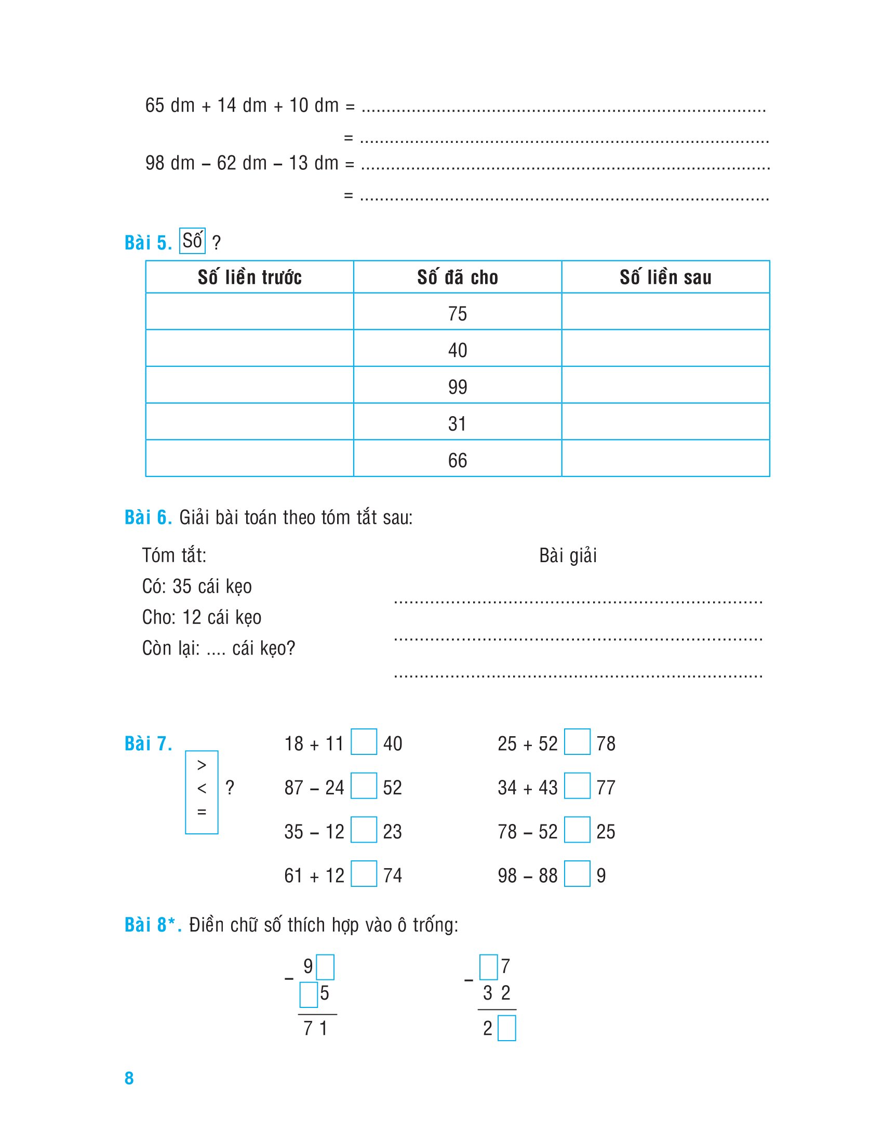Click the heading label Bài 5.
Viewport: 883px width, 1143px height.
click(148, 243)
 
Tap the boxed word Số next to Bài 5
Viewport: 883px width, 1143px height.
click(192, 241)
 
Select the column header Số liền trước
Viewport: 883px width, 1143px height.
click(249, 277)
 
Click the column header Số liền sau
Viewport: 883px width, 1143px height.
click(665, 277)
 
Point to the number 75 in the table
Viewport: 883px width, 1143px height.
click(457, 313)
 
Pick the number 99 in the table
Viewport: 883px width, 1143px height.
click(457, 387)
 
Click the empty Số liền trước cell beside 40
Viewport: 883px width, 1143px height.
click(249, 348)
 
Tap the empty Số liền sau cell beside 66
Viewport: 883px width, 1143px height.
click(665, 458)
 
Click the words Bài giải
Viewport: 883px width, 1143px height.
click(568, 555)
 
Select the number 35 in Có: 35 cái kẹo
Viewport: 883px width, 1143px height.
click(182, 586)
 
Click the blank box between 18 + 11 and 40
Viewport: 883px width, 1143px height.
click(364, 741)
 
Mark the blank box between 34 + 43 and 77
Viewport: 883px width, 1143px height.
click(577, 786)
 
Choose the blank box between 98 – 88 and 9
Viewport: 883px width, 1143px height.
click(577, 873)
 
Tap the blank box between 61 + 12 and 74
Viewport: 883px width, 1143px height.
click(364, 873)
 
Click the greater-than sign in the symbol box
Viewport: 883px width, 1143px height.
click(202, 765)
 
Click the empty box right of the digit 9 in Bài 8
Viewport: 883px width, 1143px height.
click(325, 967)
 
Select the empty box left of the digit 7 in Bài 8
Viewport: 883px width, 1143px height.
click(489, 967)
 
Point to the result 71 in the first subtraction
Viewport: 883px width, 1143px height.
click(315, 1028)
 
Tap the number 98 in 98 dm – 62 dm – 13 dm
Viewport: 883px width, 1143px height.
click(155, 163)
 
